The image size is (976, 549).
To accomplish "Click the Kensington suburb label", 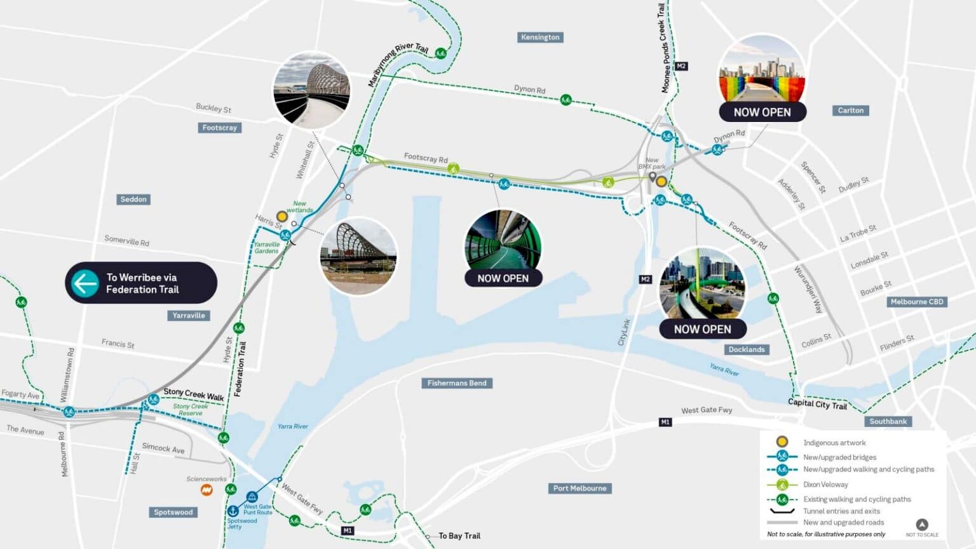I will coord(540,37).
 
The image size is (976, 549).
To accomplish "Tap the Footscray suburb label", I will coord(219,128).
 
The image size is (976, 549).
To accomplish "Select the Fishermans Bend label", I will coord(457,383).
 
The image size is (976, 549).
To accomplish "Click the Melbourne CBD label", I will coord(916,302).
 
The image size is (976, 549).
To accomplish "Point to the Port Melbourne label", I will coord(579,489).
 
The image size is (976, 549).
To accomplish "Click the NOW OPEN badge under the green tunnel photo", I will coord(503,278).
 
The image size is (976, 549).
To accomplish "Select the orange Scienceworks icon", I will coord(207,490).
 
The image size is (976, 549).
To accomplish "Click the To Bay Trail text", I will coord(459,536).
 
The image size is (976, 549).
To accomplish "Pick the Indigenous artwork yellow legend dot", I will coord(782,442).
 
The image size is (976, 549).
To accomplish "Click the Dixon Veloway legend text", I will coord(825,484).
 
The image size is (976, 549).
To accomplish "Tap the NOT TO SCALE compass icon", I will coord(922,525).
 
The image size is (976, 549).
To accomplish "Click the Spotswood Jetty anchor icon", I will coord(233,511).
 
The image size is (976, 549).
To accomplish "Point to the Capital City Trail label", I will coord(817,403).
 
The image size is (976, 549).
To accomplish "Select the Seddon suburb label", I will coord(133,200).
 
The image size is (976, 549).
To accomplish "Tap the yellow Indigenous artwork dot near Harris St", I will coord(282,217).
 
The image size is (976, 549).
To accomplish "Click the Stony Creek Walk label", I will coord(194,395).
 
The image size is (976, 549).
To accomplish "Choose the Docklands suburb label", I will coord(747,349).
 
